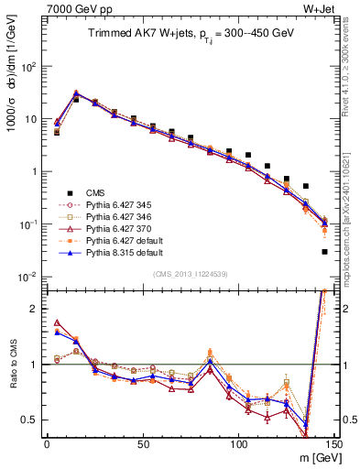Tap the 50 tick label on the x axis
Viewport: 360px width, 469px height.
click(142, 444)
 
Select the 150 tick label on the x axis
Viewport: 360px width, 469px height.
click(335, 444)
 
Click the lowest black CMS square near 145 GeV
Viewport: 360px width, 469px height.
click(325, 252)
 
